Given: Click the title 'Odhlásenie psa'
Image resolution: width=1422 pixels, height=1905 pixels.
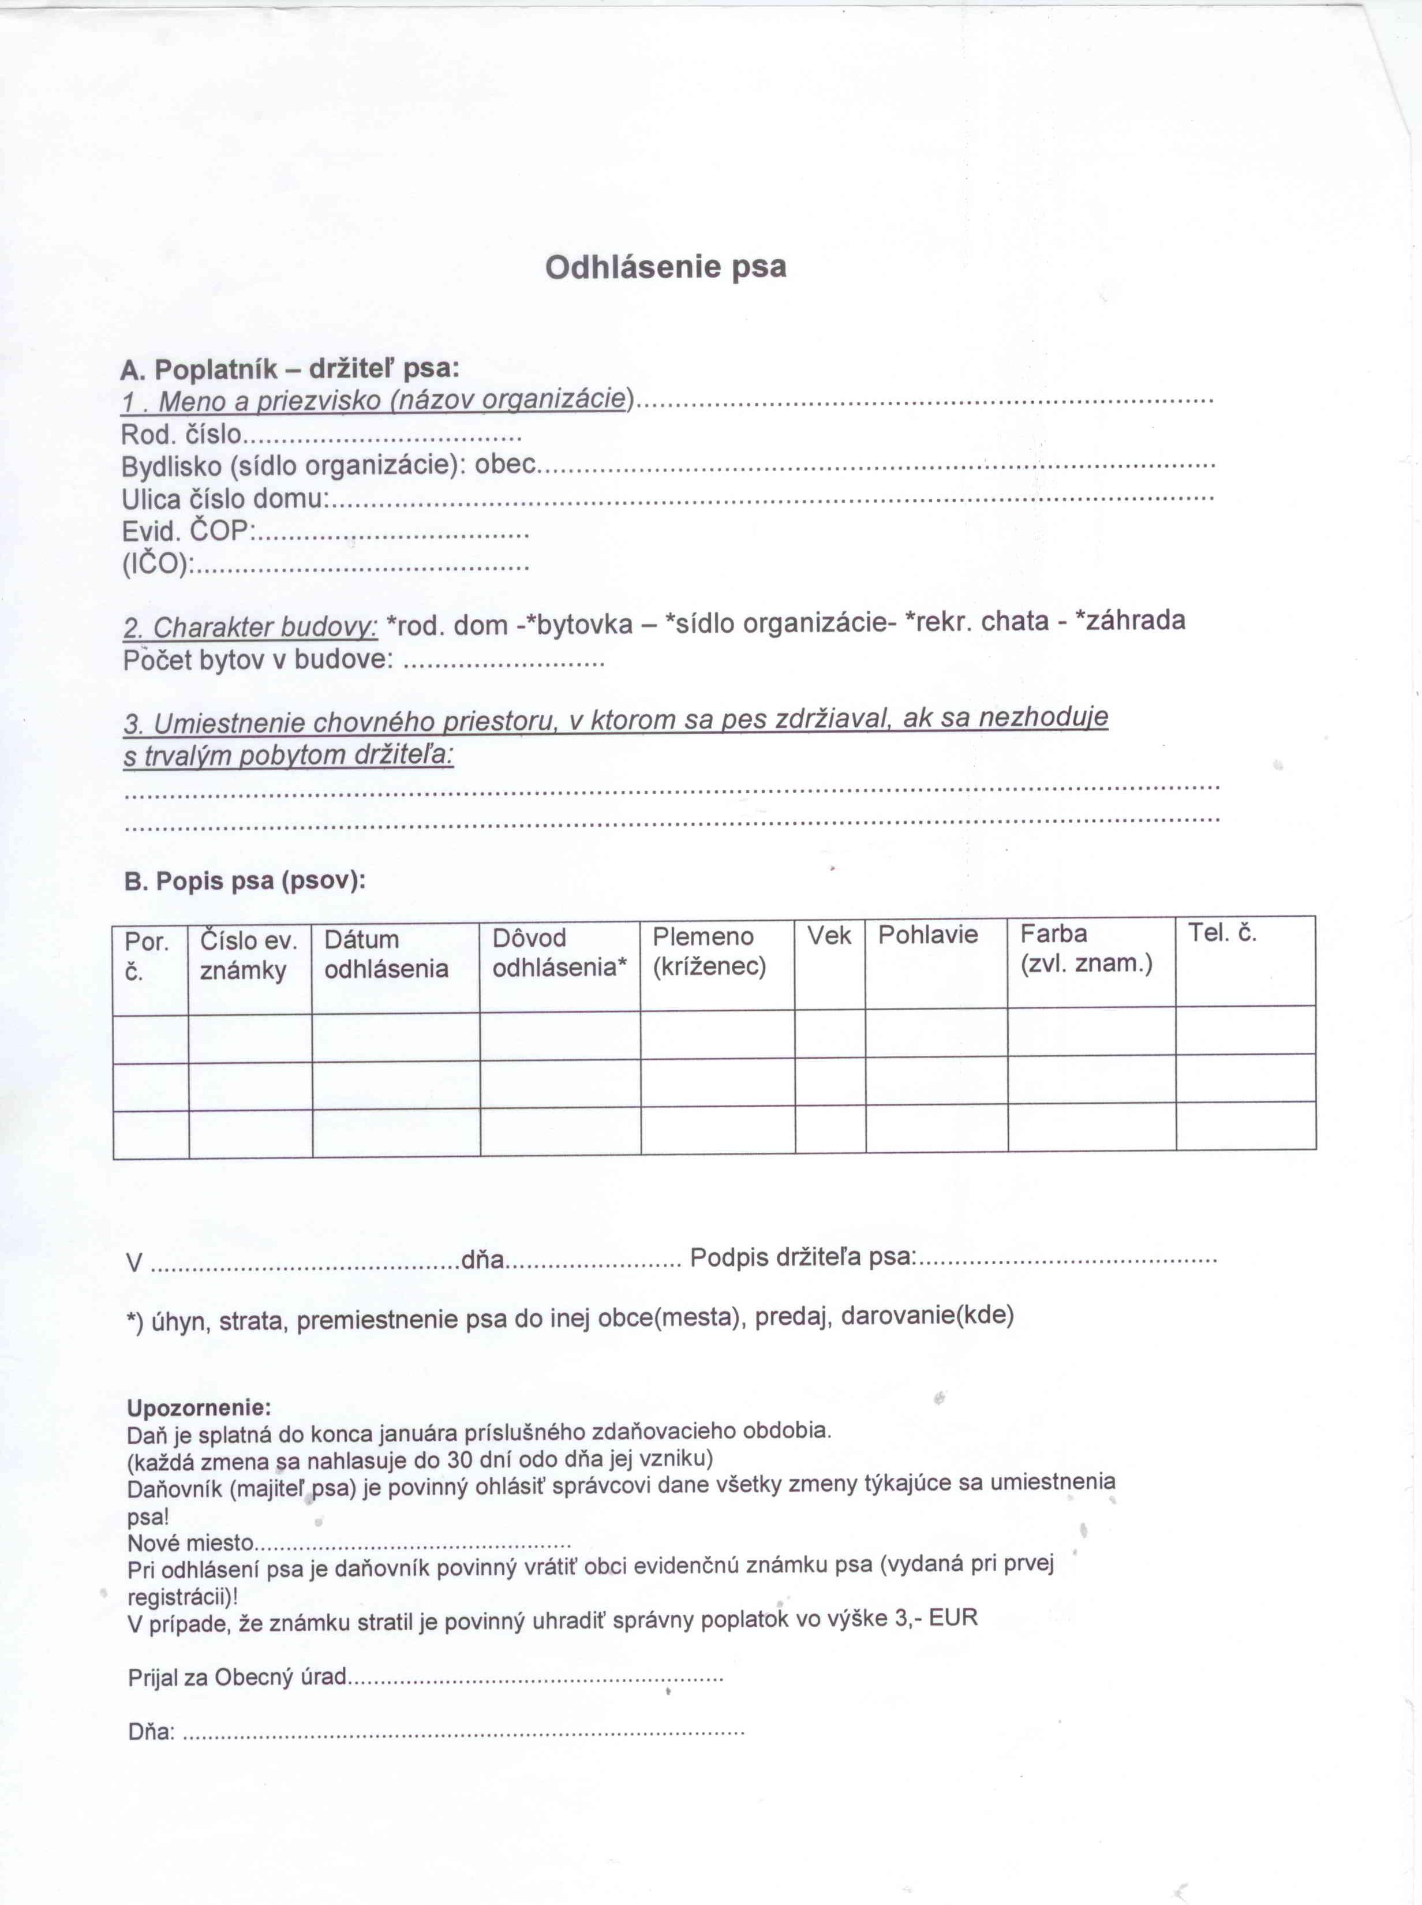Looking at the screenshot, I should coord(665,267).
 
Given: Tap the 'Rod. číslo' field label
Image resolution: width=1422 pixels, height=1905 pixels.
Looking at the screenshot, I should coord(182,434).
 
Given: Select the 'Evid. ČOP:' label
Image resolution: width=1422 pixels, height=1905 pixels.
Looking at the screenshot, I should coord(187,532).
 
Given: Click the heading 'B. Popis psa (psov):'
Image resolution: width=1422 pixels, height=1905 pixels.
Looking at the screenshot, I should coord(245,881).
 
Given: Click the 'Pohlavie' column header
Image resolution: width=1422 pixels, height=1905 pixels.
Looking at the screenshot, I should coord(928,935).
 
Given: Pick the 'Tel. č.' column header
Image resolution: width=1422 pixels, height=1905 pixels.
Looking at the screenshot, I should coord(1222,932).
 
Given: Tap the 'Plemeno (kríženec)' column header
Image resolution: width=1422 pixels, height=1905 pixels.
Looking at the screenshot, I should coord(709,951).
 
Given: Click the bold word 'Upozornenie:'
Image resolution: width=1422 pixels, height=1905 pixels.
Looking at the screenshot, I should coord(199,1409).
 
